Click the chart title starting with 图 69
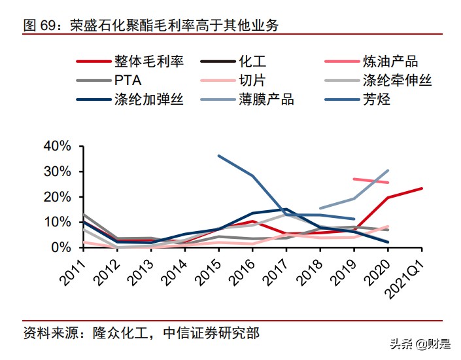click(x=150, y=26)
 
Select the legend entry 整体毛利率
click(x=148, y=62)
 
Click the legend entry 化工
click(x=251, y=62)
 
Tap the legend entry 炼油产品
click(x=390, y=62)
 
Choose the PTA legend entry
click(x=128, y=81)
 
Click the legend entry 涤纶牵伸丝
click(x=397, y=81)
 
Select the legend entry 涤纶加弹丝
click(x=148, y=100)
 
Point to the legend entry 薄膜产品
click(x=265, y=100)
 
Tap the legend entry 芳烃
click(x=376, y=100)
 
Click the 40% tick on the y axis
click(x=56, y=146)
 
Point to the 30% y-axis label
click(x=56, y=171)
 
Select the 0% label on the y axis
click(x=60, y=247)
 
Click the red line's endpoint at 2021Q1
click(x=422, y=189)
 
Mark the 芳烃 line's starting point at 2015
click(x=218, y=156)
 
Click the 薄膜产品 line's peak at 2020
click(x=388, y=171)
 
